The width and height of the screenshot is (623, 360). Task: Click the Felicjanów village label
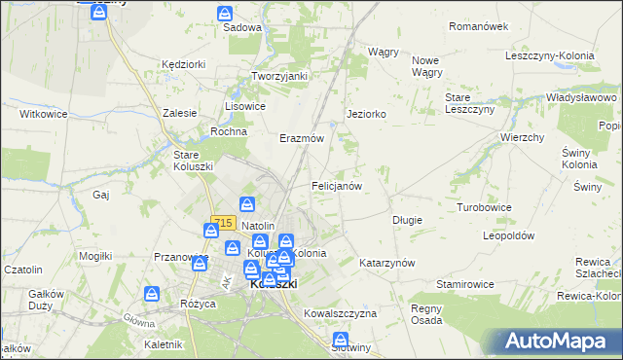point(337,185)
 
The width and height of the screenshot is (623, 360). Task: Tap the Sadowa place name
point(242,27)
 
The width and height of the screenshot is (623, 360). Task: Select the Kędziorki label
point(184,63)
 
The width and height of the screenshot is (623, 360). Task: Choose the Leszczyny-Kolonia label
point(550,55)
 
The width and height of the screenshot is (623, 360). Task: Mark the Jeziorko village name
point(367,114)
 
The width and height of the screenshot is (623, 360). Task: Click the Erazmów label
point(302,138)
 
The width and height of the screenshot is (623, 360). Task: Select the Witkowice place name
point(43,114)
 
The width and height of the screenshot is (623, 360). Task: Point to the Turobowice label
point(485,208)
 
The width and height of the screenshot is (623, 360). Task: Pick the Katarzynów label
point(387,263)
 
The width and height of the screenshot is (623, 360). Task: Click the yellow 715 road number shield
point(223,223)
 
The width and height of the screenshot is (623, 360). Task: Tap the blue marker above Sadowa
point(225,14)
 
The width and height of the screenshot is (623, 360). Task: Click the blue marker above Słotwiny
point(341,339)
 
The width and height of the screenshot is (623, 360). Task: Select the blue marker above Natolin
point(248,204)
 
